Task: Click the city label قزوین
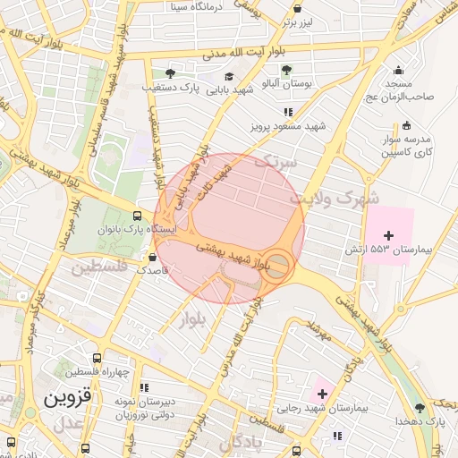pyautogui.click(x=68, y=394)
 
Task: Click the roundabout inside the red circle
pyautogui.click(x=279, y=264)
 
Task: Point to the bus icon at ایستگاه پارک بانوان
pyautogui.click(x=136, y=216)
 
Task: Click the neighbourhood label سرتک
pyautogui.click(x=275, y=162)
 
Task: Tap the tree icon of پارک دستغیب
pyautogui.click(x=170, y=73)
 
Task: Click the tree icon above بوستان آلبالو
pyautogui.click(x=286, y=70)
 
